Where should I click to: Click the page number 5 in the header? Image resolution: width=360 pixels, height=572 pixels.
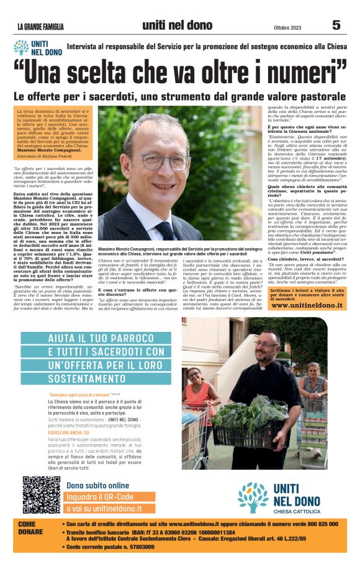[336, 25]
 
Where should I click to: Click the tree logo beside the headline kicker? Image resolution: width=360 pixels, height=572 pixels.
[22, 48]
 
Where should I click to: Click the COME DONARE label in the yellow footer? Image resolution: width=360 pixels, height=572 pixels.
[31, 529]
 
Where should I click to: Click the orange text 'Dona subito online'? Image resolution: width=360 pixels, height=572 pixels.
[98, 485]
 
